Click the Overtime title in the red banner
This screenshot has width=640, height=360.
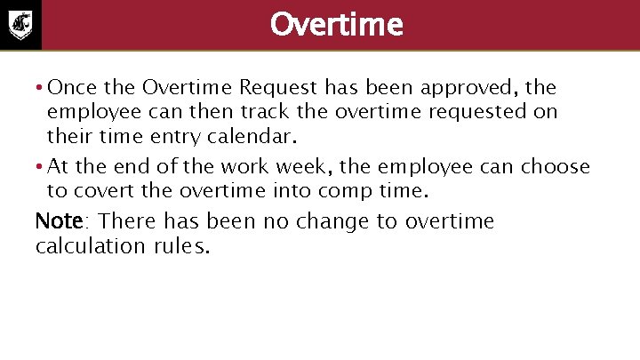(x=336, y=24)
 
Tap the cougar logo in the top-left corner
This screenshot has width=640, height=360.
(x=20, y=25)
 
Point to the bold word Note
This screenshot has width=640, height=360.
(x=59, y=220)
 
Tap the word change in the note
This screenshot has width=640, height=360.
(x=332, y=221)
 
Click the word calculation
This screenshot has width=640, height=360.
(x=85, y=245)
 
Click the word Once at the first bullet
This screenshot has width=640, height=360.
(x=71, y=87)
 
